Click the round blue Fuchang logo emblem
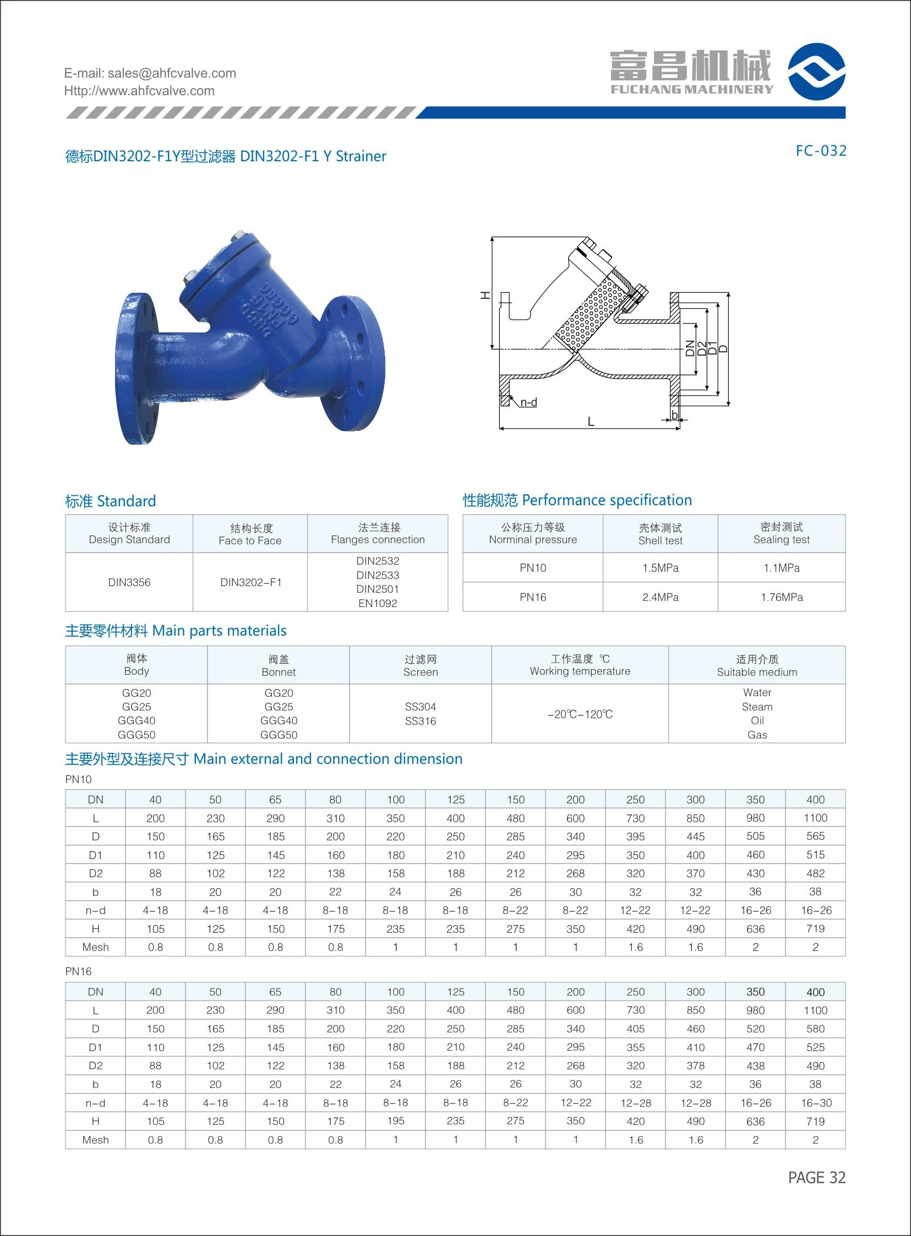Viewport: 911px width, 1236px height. tap(816, 72)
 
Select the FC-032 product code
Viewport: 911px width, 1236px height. tap(821, 150)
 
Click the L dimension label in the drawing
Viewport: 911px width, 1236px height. tap(591, 422)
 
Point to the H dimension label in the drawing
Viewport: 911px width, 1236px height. tap(485, 296)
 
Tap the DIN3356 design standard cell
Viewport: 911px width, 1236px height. tap(129, 582)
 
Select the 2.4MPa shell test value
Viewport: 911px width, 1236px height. tap(660, 597)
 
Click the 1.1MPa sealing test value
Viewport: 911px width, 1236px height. tap(782, 568)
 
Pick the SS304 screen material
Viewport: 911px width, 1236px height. tap(420, 707)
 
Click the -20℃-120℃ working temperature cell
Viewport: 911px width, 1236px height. tap(580, 714)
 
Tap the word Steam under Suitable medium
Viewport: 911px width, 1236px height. tap(756, 707)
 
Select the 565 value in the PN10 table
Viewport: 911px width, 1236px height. tap(815, 836)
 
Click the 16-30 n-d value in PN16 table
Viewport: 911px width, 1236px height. tap(815, 1103)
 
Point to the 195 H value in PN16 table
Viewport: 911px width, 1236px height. tap(395, 1121)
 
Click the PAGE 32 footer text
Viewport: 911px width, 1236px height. tap(816, 1178)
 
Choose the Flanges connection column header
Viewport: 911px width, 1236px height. tap(378, 534)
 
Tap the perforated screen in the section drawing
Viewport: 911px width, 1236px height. tap(590, 314)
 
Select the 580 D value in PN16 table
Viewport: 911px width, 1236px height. tap(815, 1029)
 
